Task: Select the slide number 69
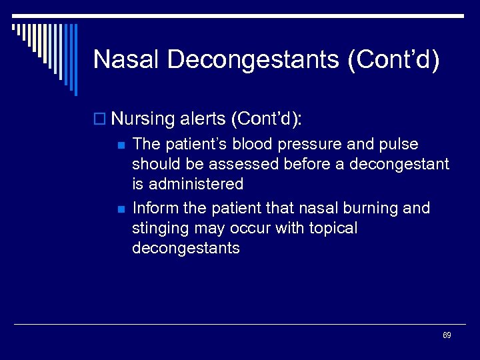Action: pyautogui.click(x=447, y=335)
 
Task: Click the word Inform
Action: pyautogui.click(x=155, y=209)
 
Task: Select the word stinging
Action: pyautogui.click(x=162, y=229)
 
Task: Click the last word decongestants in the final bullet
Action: pyautogui.click(x=185, y=248)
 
